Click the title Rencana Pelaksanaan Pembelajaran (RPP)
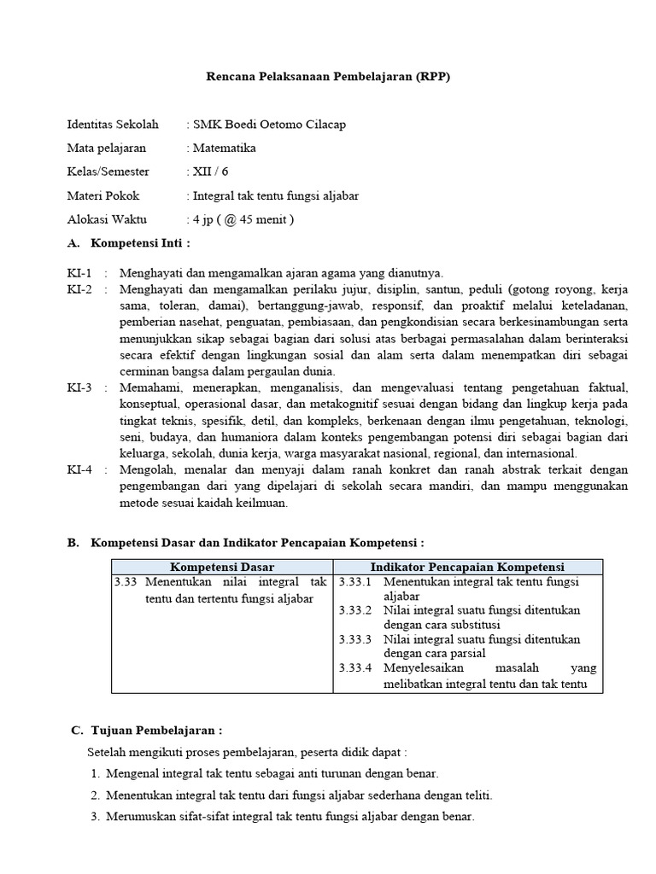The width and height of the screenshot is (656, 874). (x=328, y=76)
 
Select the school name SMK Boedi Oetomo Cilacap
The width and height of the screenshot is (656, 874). (x=269, y=125)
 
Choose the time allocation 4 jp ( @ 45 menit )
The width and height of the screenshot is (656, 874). (x=243, y=219)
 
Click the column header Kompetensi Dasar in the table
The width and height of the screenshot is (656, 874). (x=222, y=567)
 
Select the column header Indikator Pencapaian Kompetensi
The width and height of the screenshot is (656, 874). (x=467, y=567)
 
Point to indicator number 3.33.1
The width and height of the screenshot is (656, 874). (x=354, y=581)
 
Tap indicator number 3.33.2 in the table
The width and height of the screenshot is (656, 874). (x=354, y=610)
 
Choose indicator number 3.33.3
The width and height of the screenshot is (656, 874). (x=354, y=638)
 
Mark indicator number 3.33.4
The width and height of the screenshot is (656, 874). (x=354, y=667)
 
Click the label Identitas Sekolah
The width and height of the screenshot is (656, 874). (x=114, y=125)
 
